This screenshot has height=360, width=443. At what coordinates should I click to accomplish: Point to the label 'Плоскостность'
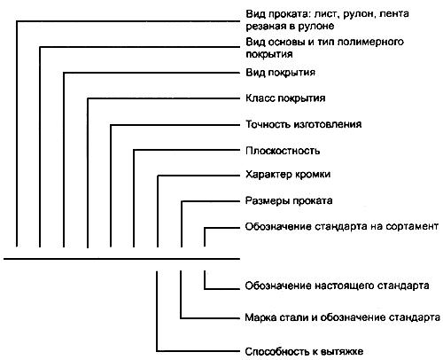[281, 150]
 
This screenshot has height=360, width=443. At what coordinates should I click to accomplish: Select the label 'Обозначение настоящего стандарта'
[336, 286]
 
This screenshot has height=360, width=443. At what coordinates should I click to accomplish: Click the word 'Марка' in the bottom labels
[259, 317]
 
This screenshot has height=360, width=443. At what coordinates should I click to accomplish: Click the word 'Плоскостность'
[281, 150]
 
